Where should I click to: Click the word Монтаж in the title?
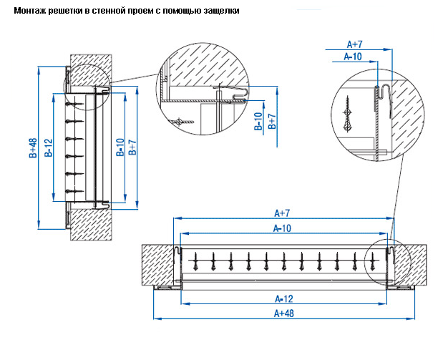pyautogui.click(x=30, y=11)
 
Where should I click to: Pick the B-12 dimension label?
pyautogui.click(x=48, y=147)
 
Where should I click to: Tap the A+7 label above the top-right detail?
pyautogui.click(x=356, y=44)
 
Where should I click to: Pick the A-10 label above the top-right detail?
pyautogui.click(x=353, y=55)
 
